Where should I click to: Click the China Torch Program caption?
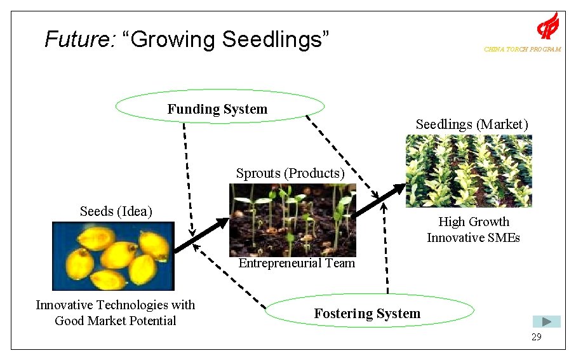point(522,50)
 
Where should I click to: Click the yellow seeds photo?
point(113,256)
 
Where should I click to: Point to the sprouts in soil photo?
point(292,219)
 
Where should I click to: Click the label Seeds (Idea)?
point(116,211)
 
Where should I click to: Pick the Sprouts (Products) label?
point(290,173)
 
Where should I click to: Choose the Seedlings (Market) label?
point(472,124)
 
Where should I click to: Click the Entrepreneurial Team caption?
point(297,263)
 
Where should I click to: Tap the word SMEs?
point(505,238)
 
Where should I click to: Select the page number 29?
point(537,337)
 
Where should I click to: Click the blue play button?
point(546,322)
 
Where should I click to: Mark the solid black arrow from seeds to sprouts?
point(201,236)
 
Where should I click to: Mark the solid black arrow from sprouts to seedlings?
point(380,200)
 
